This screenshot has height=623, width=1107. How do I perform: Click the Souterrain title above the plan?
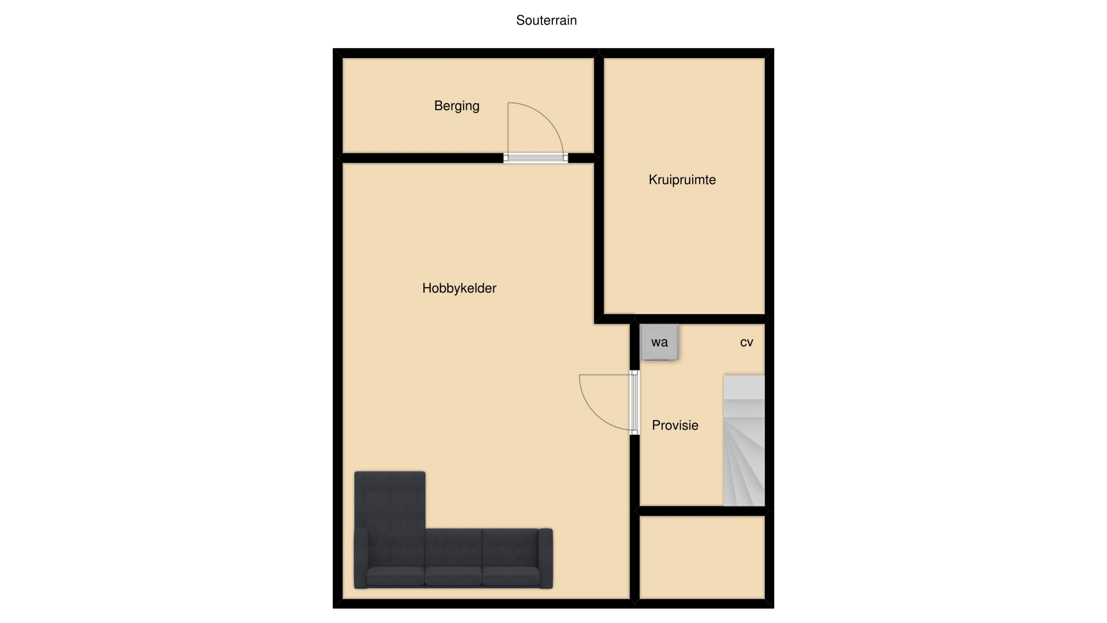546,20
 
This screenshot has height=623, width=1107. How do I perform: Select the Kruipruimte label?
682,180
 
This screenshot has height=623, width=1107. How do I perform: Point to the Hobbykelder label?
459,288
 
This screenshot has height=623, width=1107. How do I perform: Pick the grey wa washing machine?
659,342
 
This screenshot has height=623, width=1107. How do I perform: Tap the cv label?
746,342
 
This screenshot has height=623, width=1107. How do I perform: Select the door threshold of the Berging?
535,158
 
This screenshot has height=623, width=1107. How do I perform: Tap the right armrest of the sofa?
545,558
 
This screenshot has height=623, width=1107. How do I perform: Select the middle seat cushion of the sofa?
453,576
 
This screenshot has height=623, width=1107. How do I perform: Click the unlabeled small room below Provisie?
702,557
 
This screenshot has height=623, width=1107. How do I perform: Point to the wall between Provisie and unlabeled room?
702,511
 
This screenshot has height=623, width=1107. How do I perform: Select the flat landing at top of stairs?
744,387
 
